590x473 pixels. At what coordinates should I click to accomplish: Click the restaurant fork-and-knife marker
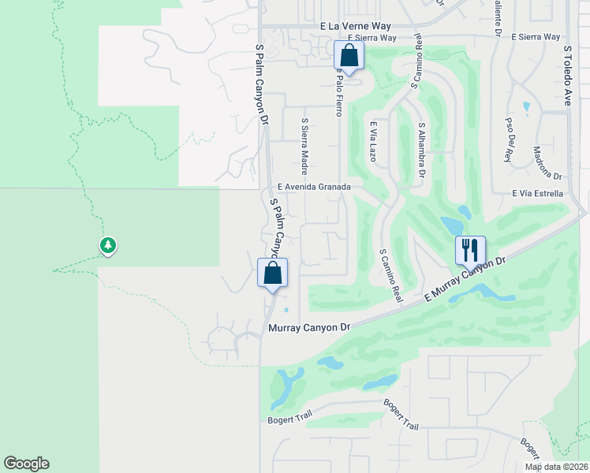point(470,251)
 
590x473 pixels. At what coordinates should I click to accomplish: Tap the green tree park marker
point(108,246)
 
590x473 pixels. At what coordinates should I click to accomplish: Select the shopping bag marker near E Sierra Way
point(349,56)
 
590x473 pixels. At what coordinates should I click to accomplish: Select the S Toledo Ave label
point(566,75)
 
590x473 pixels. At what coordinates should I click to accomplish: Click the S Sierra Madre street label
point(304,147)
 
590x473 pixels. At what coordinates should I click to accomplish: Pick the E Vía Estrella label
point(537,193)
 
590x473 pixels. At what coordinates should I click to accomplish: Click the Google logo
point(26,464)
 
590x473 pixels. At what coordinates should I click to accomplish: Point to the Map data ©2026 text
point(556,466)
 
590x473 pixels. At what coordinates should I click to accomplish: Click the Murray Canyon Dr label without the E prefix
point(308,327)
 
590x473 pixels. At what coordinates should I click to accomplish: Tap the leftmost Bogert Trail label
point(289,419)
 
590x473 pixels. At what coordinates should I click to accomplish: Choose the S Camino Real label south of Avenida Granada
point(390,275)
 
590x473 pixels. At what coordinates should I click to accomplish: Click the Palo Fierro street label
point(338,91)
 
